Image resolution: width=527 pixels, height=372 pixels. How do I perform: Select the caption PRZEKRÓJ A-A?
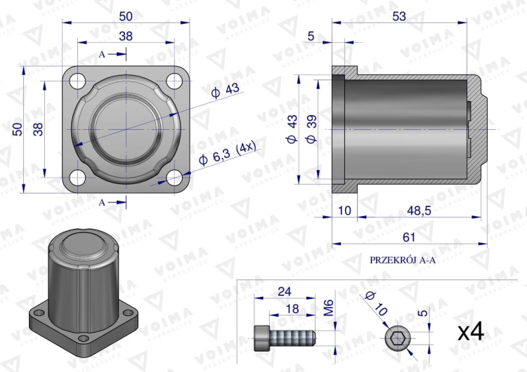403,259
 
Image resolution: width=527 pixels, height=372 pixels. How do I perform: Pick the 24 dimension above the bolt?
285,290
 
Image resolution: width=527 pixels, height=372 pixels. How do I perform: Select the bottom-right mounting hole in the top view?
171,177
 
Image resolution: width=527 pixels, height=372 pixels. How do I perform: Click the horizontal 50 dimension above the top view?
125,15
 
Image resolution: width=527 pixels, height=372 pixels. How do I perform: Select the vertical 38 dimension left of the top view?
37,128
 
